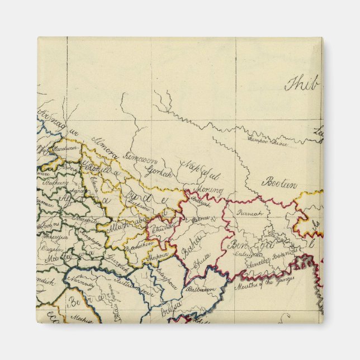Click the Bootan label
pyautogui.click(x=280, y=182)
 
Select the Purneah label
pyautogui.click(x=249, y=213)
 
